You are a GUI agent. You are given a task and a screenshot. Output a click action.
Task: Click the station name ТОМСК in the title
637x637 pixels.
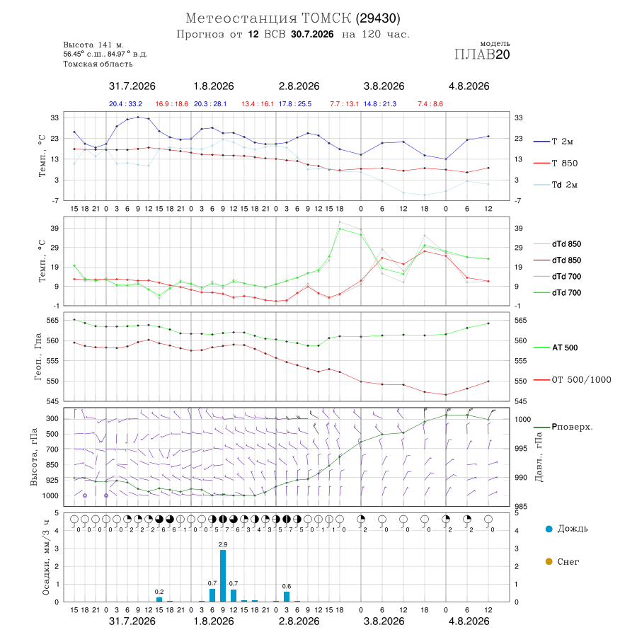[x=326, y=18]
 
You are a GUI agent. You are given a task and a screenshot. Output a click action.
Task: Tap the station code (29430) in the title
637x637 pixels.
[x=378, y=18]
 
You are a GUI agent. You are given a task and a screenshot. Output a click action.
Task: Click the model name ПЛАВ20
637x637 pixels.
[x=482, y=54]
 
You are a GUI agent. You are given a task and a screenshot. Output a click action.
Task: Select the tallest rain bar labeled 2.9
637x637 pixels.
[x=223, y=575]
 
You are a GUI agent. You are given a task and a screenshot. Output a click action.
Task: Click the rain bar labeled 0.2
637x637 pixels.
[x=159, y=599]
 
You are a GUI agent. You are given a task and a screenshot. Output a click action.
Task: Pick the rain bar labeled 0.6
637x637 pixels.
[x=287, y=597]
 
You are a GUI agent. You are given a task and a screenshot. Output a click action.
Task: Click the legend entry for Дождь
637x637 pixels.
[x=567, y=529]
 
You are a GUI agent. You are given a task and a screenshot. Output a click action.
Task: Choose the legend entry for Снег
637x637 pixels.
[x=562, y=561]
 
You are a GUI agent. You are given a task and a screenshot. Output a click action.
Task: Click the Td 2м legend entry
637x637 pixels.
[x=556, y=185]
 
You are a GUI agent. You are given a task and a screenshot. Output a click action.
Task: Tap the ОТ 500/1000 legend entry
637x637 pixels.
[x=573, y=380]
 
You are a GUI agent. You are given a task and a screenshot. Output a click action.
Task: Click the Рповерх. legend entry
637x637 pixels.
[x=563, y=427]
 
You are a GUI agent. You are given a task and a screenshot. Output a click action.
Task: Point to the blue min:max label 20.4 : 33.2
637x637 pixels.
[x=125, y=104]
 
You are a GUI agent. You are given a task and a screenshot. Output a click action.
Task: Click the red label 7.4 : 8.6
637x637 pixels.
[x=430, y=104]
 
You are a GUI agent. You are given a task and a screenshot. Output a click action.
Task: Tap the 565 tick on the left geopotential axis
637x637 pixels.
[x=53, y=321]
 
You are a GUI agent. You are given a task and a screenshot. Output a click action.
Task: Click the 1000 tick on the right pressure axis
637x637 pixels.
[x=523, y=419]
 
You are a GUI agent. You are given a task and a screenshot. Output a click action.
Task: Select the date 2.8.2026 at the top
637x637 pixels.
[x=299, y=86]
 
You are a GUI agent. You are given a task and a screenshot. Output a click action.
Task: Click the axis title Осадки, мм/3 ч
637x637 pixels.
[x=45, y=558]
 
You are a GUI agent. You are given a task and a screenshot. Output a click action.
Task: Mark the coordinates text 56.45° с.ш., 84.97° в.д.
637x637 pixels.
[x=105, y=54]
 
